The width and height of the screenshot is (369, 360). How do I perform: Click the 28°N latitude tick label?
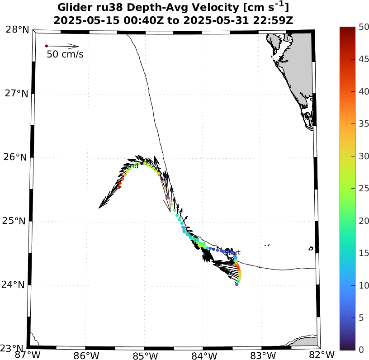pyautogui.click(x=17, y=30)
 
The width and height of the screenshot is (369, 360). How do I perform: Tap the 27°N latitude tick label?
pyautogui.click(x=17, y=94)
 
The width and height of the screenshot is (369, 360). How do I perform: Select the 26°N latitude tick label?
pyautogui.click(x=17, y=157)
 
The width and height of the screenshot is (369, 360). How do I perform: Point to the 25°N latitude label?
pyautogui.click(x=17, y=221)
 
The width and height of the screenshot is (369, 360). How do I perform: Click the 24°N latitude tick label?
pyautogui.click(x=17, y=285)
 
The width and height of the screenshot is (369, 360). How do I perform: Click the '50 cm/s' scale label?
pyautogui.click(x=65, y=55)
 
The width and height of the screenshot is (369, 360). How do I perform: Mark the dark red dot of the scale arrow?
pyautogui.click(x=46, y=46)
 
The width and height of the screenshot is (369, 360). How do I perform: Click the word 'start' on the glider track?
pyautogui.click(x=233, y=253)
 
